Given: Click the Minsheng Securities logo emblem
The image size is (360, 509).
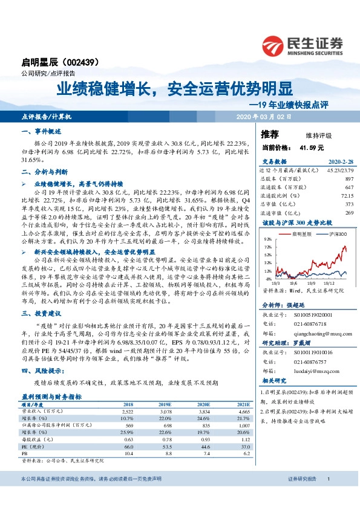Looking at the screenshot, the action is click(275, 44).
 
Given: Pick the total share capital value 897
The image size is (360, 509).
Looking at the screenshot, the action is click(349, 179).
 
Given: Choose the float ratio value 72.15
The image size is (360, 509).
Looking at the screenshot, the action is click(346, 195).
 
